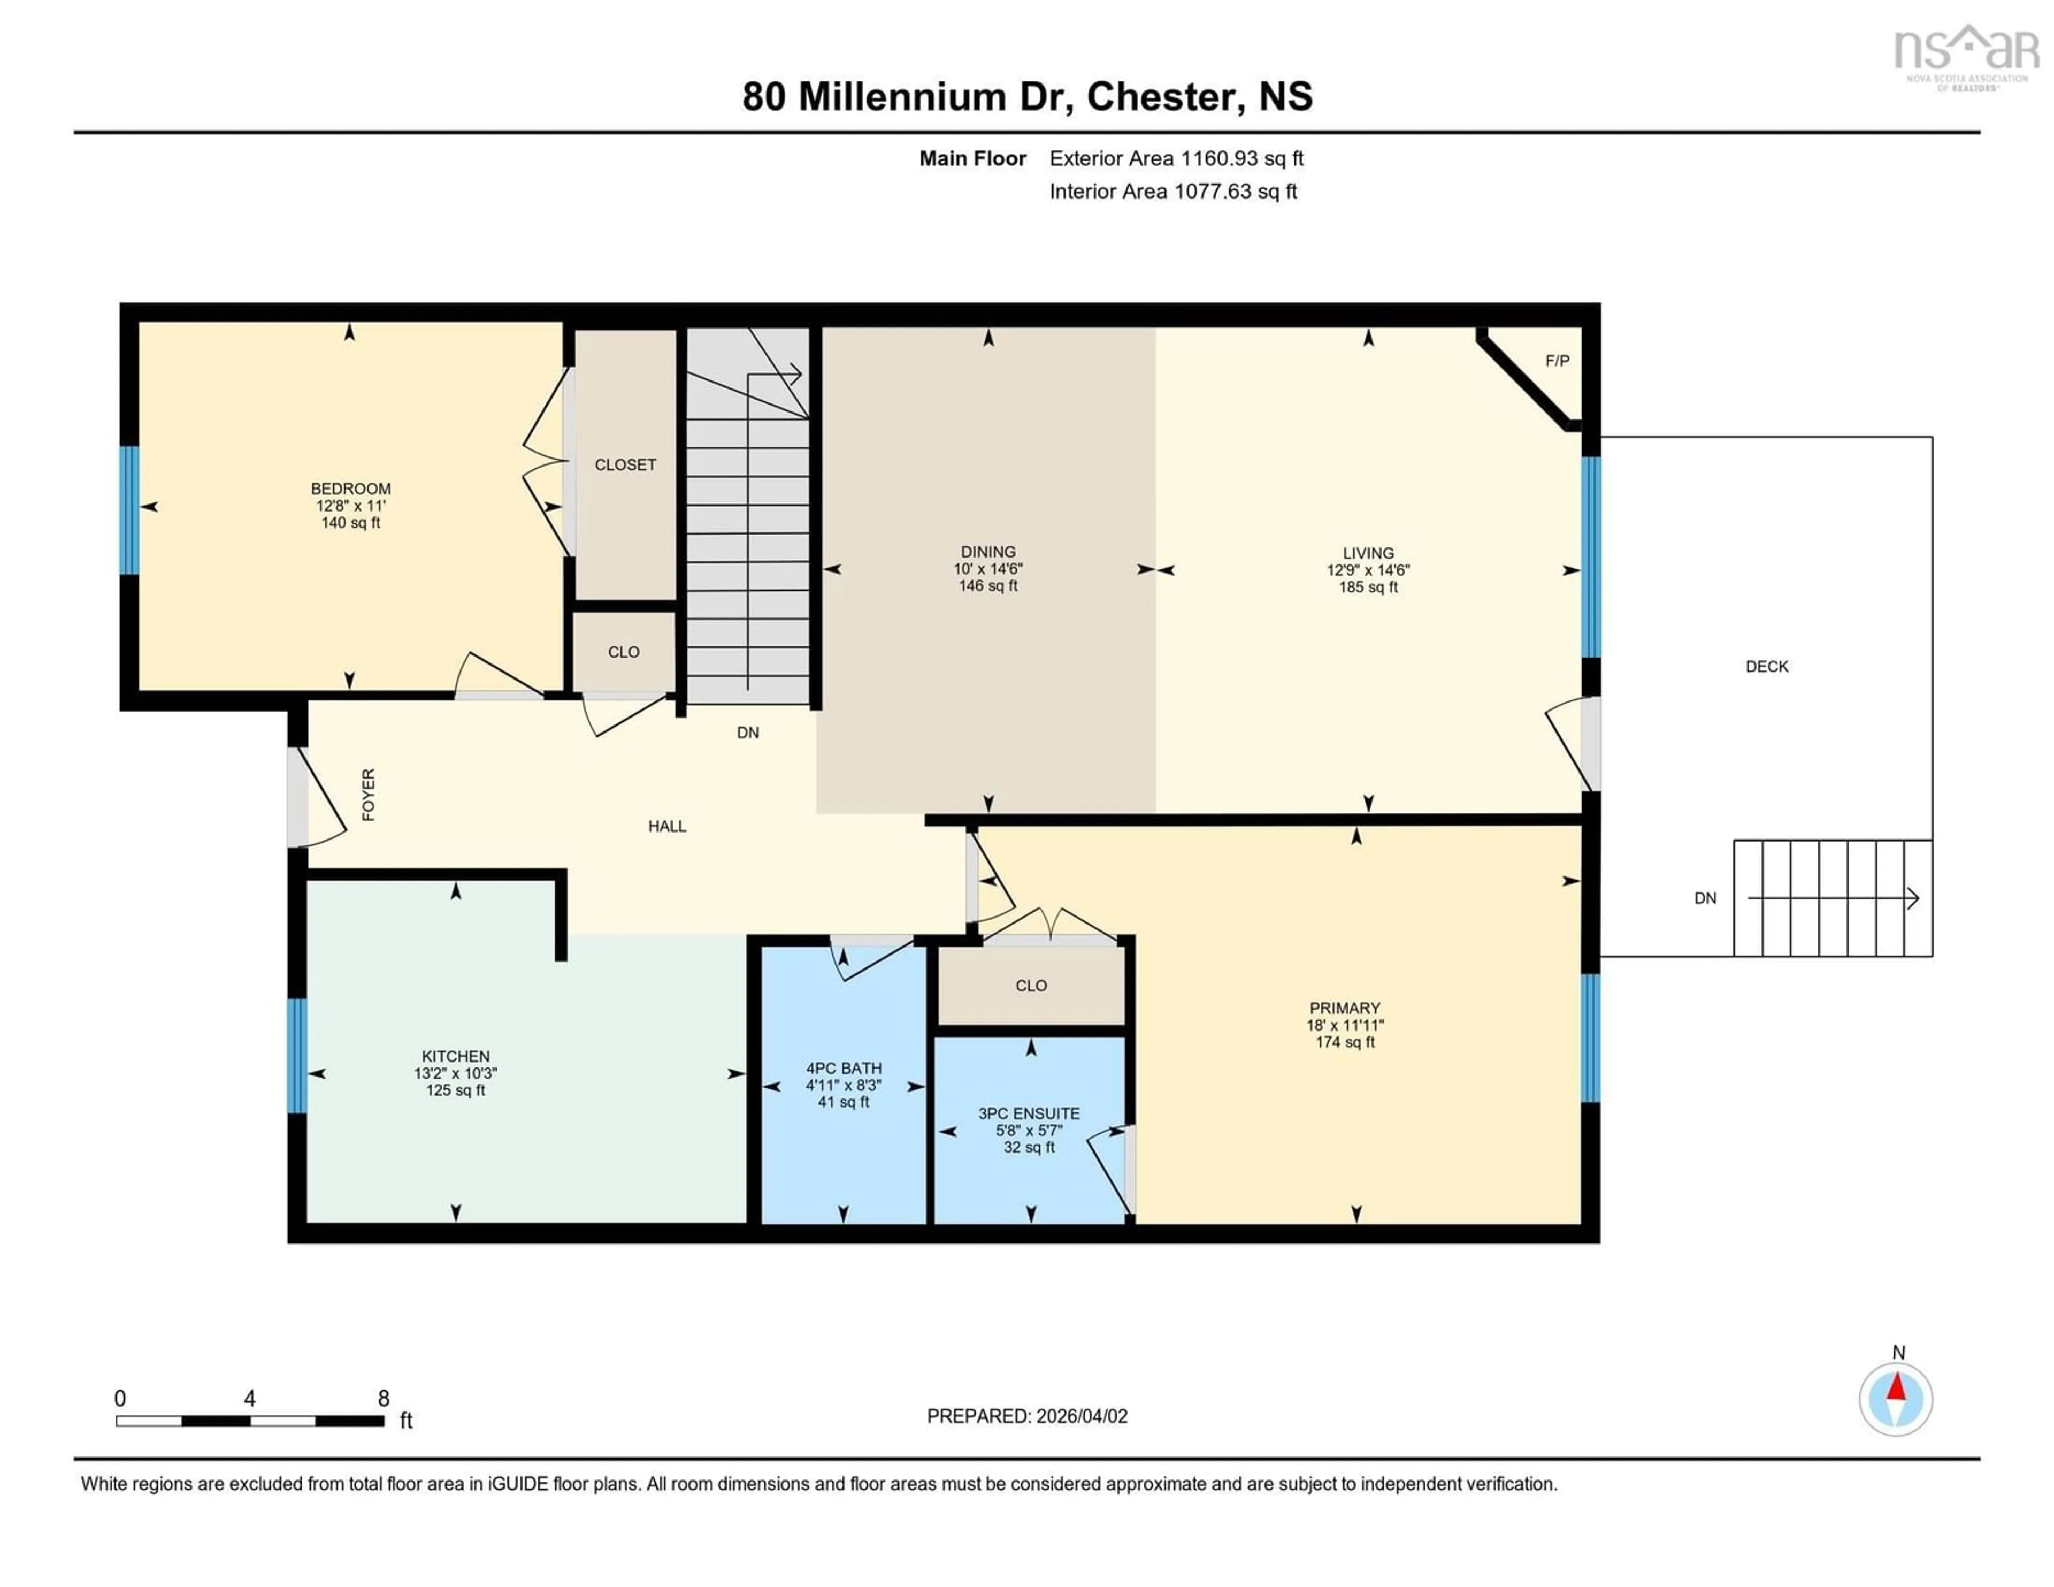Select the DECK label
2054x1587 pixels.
(x=1766, y=666)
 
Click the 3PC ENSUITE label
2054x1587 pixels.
(x=1029, y=1113)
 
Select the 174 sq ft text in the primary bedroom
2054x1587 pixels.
(x=1345, y=1042)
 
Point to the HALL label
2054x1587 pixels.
(x=667, y=826)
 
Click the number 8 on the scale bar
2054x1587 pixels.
(x=384, y=1398)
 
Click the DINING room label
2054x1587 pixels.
(x=987, y=551)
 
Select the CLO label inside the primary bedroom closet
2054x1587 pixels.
(x=1031, y=985)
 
